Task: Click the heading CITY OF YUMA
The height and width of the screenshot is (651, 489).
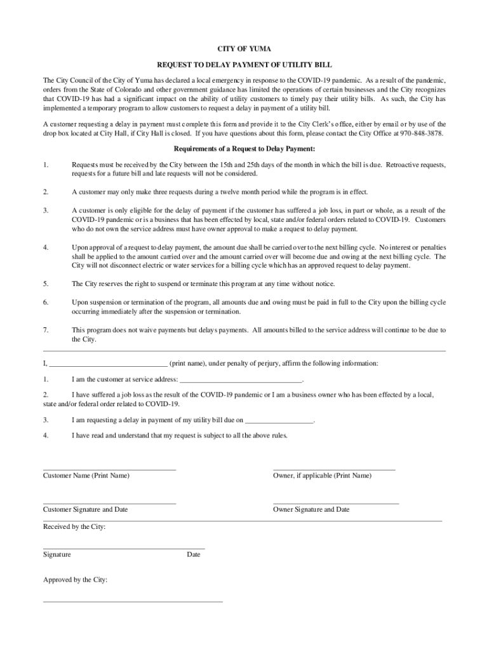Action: click(245, 49)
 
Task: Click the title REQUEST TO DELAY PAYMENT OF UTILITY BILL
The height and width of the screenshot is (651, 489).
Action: click(245, 65)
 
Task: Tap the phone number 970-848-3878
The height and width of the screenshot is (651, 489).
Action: click(422, 134)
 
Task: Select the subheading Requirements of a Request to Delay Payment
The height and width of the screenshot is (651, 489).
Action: click(245, 149)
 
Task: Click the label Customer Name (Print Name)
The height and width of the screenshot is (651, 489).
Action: click(86, 476)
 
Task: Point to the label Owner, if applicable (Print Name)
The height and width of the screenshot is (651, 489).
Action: click(322, 476)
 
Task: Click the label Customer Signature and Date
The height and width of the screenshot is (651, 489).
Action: click(85, 510)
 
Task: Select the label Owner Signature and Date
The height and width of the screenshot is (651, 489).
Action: click(311, 510)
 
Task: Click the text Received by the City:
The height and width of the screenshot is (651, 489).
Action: click(74, 527)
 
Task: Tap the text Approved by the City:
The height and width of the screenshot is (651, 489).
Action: click(75, 580)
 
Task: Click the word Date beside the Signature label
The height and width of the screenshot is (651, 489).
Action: click(194, 555)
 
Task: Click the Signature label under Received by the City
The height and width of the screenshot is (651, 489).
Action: click(57, 555)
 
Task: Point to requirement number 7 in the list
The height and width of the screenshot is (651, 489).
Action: click(46, 330)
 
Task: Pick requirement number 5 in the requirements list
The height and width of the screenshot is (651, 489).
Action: click(46, 284)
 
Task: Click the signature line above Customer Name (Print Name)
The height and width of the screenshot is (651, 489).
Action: click(109, 469)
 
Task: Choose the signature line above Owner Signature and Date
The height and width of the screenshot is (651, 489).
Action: click(336, 504)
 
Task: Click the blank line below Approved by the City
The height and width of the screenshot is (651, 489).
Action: click(133, 601)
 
